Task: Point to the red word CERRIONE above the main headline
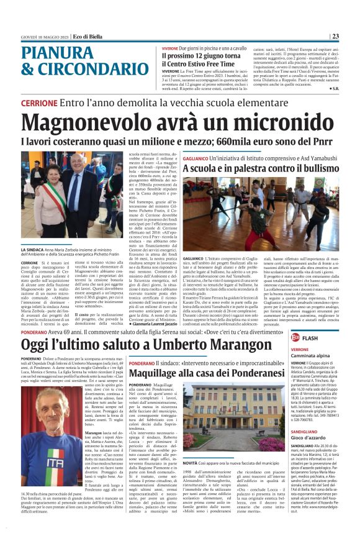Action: point(39,102)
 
